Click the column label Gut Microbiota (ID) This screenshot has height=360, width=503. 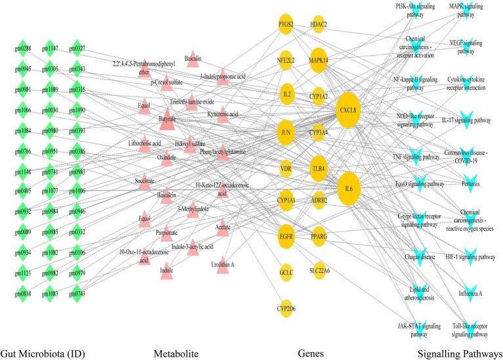point(43,353)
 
